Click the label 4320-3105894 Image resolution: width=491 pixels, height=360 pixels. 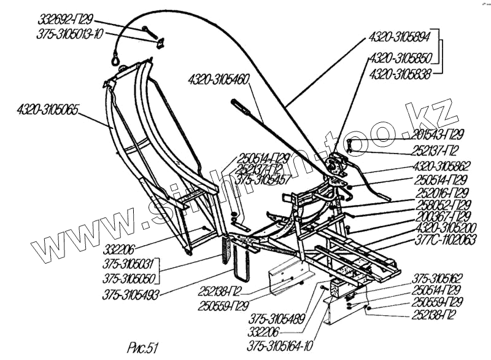pyautogui.click(x=399, y=36)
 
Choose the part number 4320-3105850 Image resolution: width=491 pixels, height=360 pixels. pyautogui.click(x=399, y=60)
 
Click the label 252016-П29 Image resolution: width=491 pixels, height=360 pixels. pyautogui.click(x=440, y=192)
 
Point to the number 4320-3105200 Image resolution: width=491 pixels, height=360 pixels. pyautogui.click(x=441, y=229)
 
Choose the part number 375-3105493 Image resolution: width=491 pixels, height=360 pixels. pyautogui.click(x=131, y=294)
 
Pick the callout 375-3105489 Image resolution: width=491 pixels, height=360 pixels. pyautogui.click(x=277, y=319)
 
